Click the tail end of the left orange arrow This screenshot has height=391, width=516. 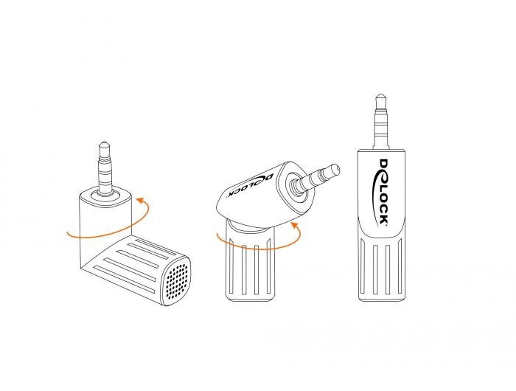click(68, 234)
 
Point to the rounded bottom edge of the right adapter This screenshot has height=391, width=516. click(382, 299)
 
